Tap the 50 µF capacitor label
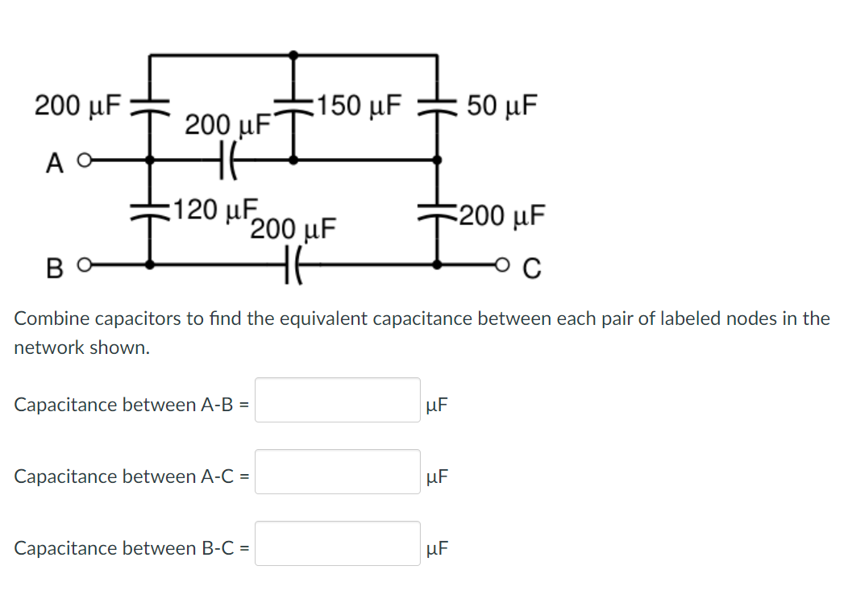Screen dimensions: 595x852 coord(505,106)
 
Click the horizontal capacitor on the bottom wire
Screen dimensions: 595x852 coord(293,264)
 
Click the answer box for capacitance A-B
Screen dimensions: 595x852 coord(338,400)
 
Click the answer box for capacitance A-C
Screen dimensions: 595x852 coord(338,472)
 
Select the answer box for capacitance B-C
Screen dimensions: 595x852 coord(338,543)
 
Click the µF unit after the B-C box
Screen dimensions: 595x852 coord(438,549)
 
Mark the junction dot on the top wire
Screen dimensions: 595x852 coord(293,55)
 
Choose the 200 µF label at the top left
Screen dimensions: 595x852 coord(77,105)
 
